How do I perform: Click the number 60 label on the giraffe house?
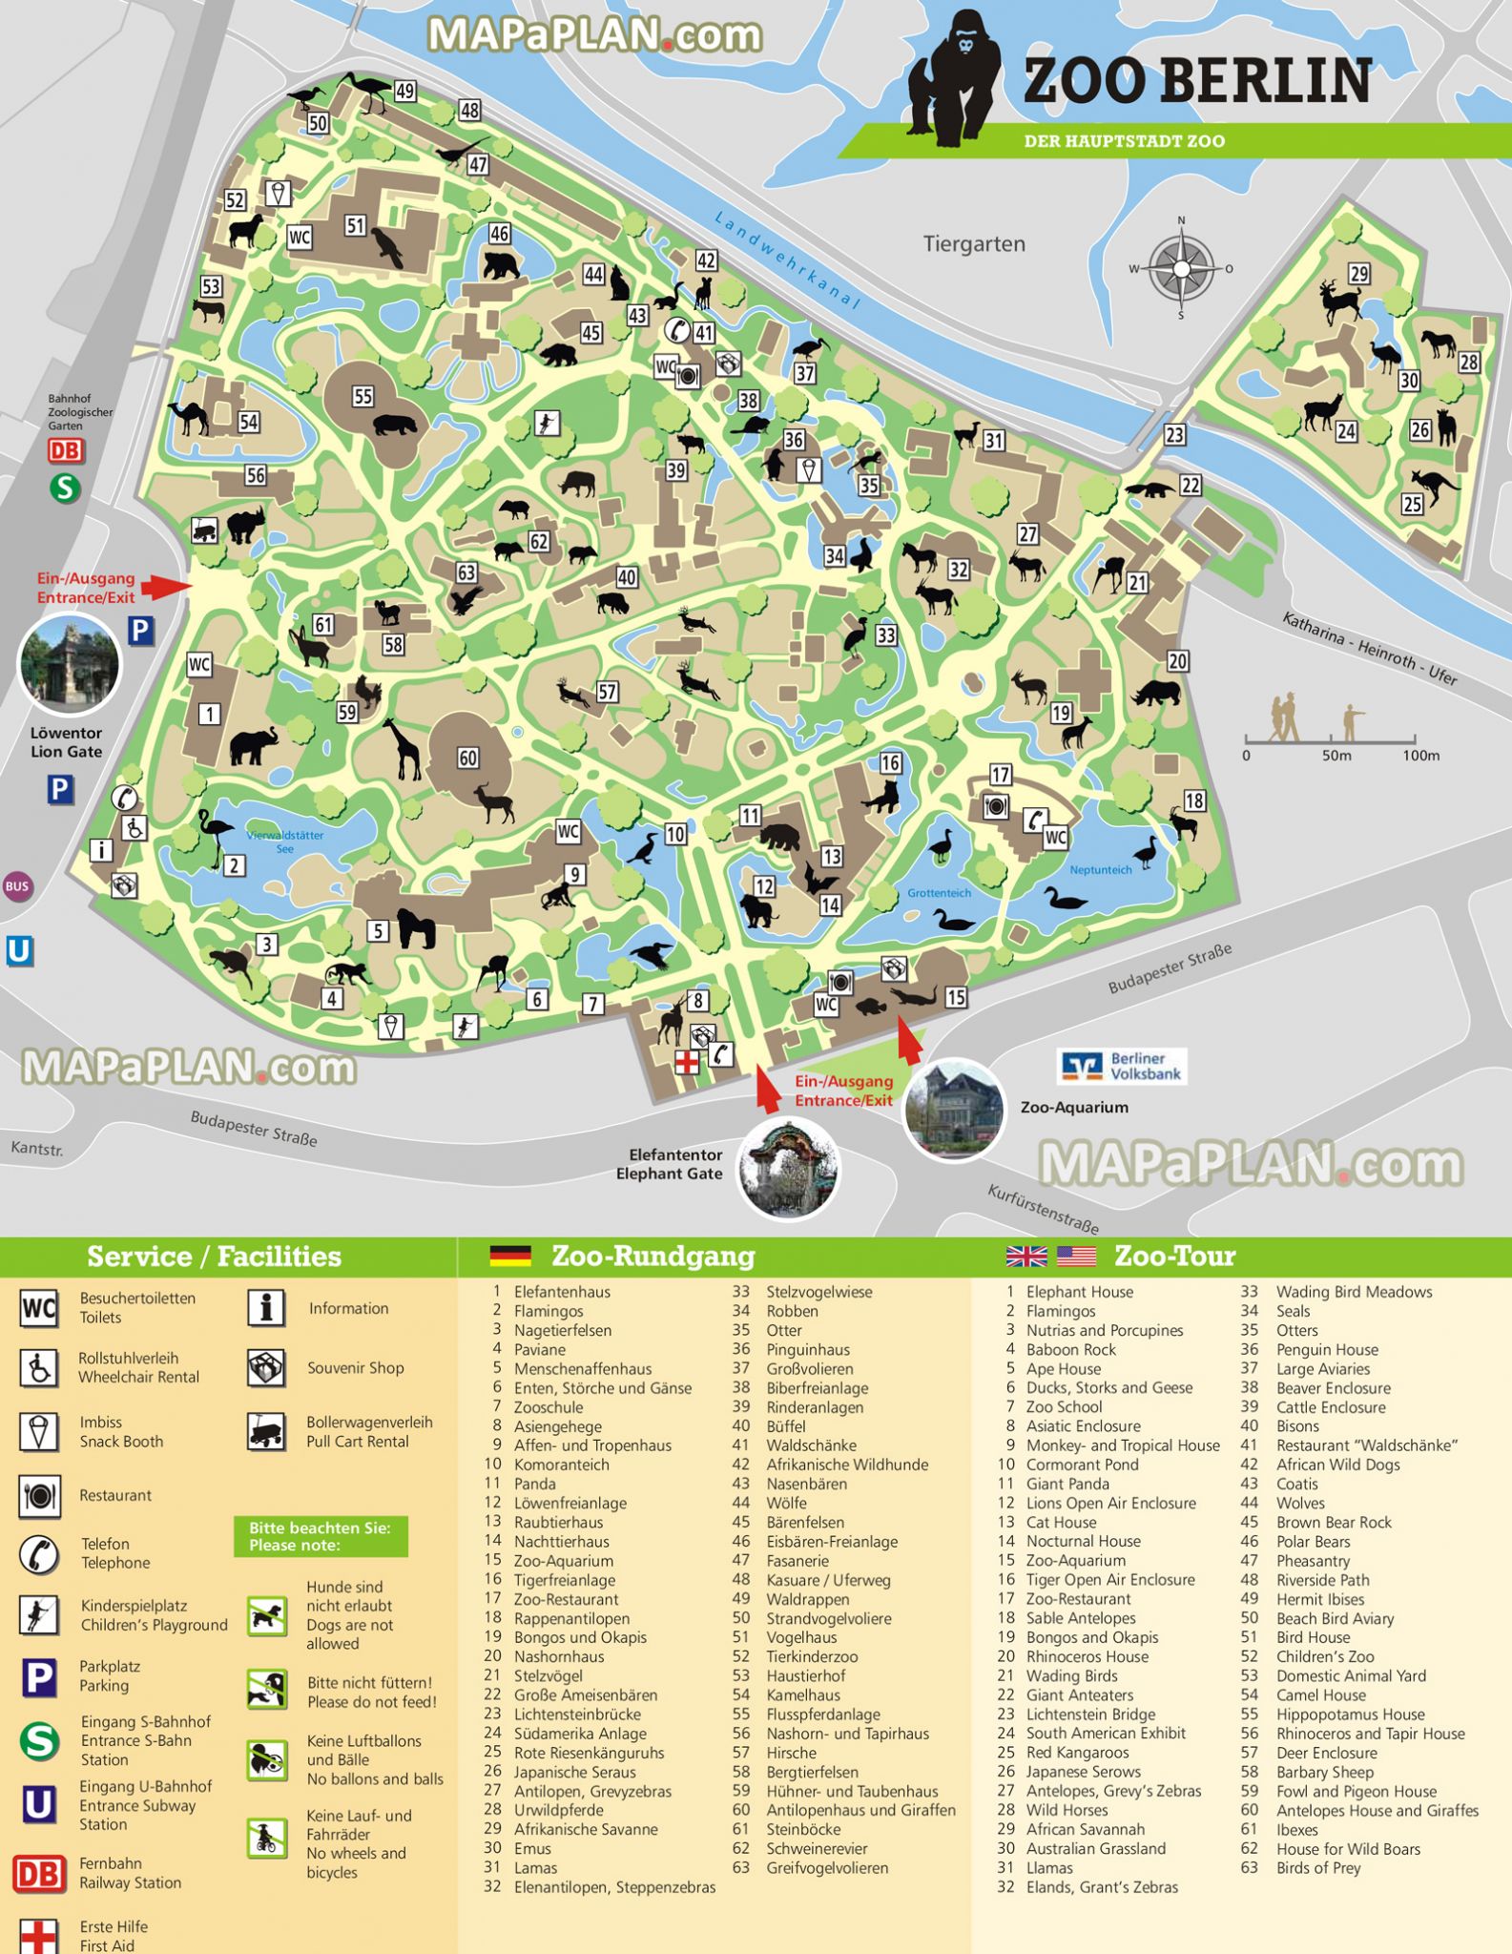[467, 759]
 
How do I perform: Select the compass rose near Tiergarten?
[1181, 268]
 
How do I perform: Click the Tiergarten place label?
[974, 244]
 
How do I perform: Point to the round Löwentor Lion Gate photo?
[69, 664]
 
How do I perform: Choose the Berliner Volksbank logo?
[1122, 1067]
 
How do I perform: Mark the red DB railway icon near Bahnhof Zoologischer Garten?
[66, 450]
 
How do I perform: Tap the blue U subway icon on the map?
[19, 951]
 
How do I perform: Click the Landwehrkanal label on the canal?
[788, 260]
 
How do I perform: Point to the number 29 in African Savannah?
[1358, 275]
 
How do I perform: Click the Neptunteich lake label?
[1100, 870]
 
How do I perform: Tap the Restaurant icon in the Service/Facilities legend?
[39, 1496]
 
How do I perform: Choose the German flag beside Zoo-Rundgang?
[510, 1256]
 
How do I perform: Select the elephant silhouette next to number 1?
[253, 746]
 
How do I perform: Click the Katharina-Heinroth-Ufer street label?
[1368, 649]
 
